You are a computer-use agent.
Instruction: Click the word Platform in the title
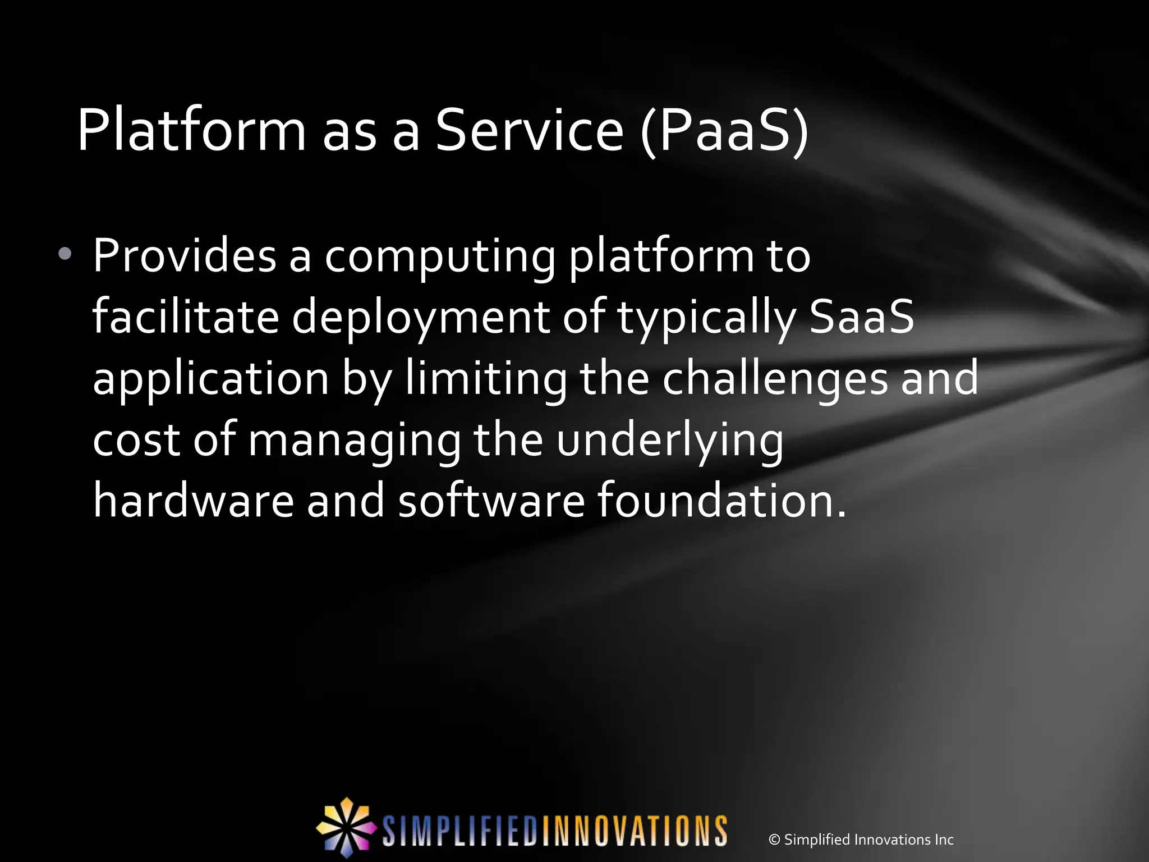[191, 131]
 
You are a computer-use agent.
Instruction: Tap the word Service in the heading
[529, 131]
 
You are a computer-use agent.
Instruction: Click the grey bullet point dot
[65, 254]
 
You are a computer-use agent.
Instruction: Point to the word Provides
[185, 256]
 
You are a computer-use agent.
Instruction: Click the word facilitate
[186, 317]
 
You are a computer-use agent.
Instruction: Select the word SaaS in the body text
[862, 317]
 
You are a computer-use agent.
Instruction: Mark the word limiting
[486, 378]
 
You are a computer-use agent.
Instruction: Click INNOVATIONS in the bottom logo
[634, 831]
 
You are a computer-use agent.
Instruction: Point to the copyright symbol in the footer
[774, 840]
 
